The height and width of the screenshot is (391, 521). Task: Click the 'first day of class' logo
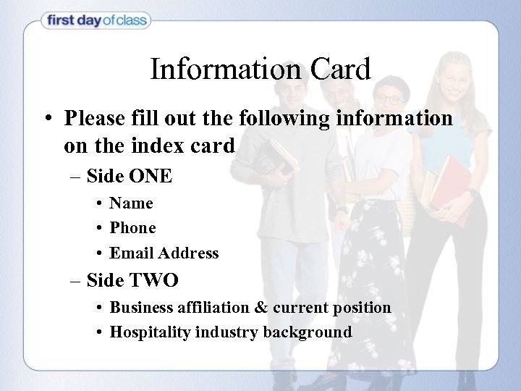click(x=96, y=21)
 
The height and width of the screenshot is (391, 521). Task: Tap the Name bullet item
click(x=131, y=203)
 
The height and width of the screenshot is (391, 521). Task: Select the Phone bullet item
click(x=132, y=228)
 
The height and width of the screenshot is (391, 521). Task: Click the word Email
click(x=131, y=253)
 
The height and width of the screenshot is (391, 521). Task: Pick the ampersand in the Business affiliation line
click(x=260, y=307)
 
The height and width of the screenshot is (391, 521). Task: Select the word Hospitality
click(x=147, y=332)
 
